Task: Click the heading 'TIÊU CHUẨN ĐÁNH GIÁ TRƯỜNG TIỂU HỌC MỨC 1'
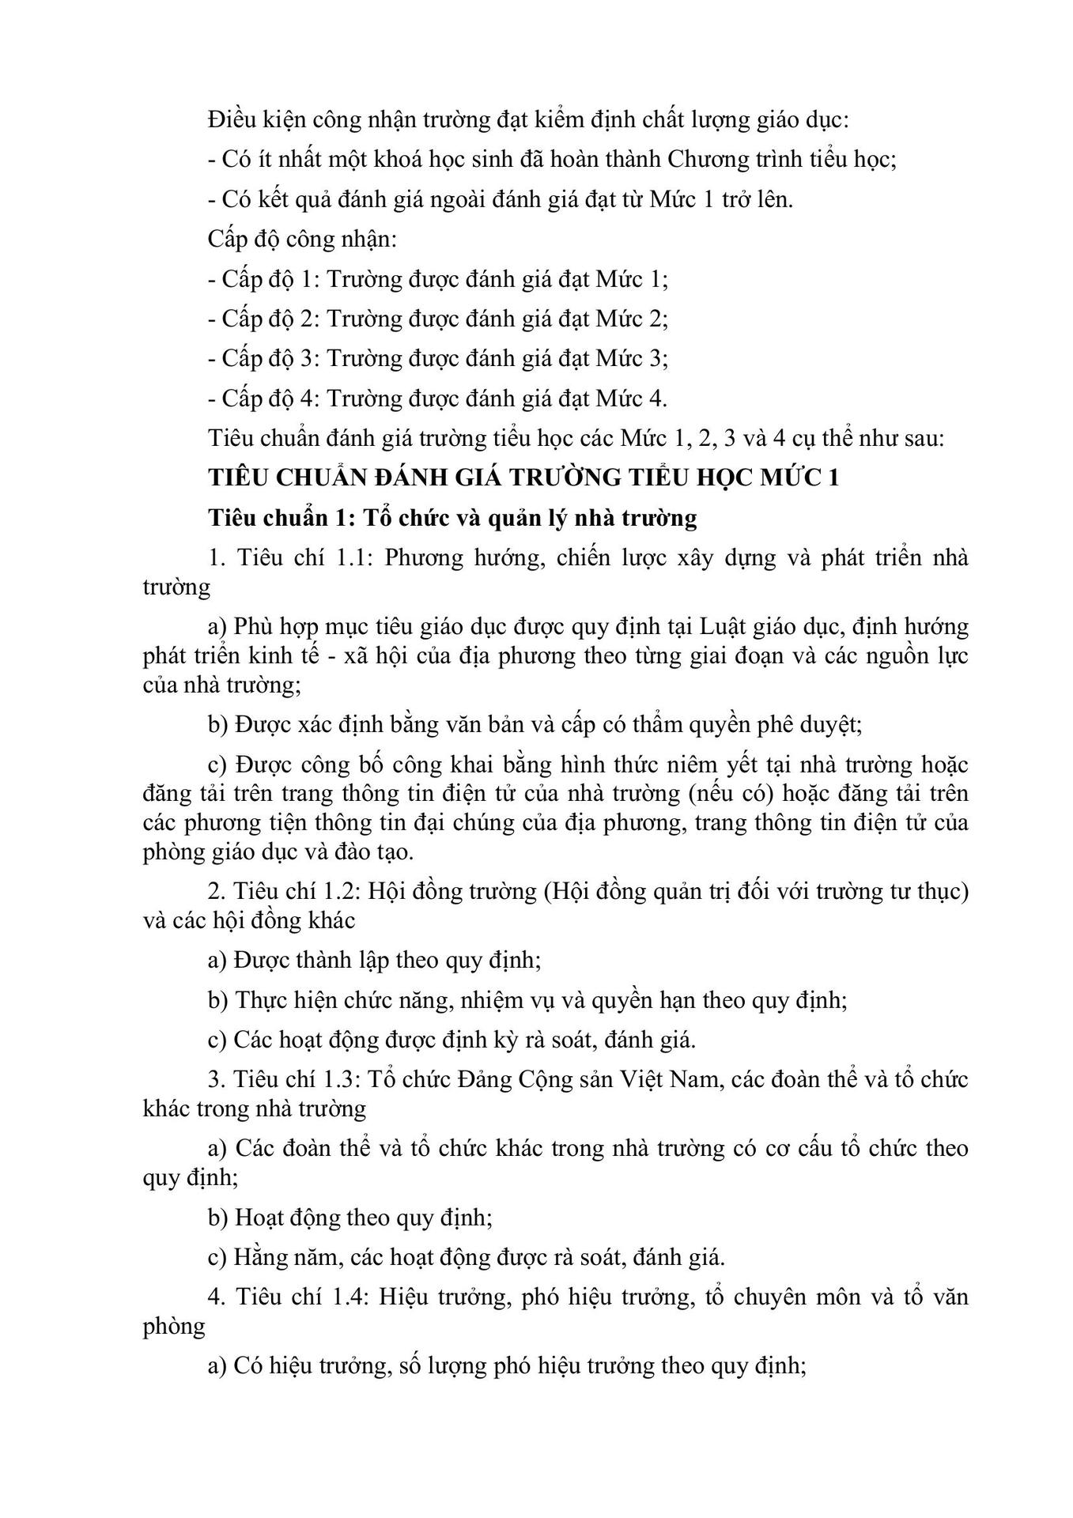pyautogui.click(x=523, y=478)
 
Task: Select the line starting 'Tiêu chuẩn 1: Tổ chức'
pyautogui.click(x=452, y=518)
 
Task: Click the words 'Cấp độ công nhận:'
pyautogui.click(x=303, y=239)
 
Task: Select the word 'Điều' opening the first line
pyautogui.click(x=230, y=120)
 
